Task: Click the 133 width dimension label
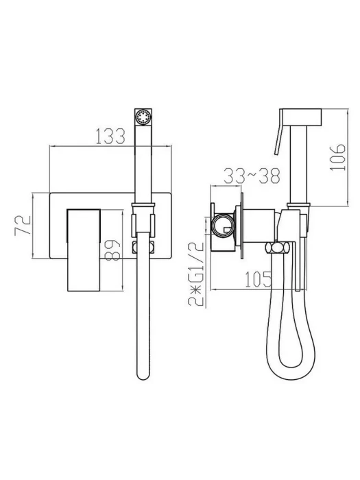pyautogui.click(x=110, y=136)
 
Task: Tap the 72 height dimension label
pyautogui.click(x=23, y=226)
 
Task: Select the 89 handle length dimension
pyautogui.click(x=112, y=250)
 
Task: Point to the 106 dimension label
pyautogui.click(x=337, y=157)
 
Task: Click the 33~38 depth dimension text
pyautogui.click(x=252, y=176)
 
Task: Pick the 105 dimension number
pyautogui.click(x=259, y=279)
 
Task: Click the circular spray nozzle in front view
pyautogui.click(x=143, y=117)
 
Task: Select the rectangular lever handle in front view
pyautogui.click(x=84, y=250)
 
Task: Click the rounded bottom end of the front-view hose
pyautogui.click(x=143, y=374)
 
